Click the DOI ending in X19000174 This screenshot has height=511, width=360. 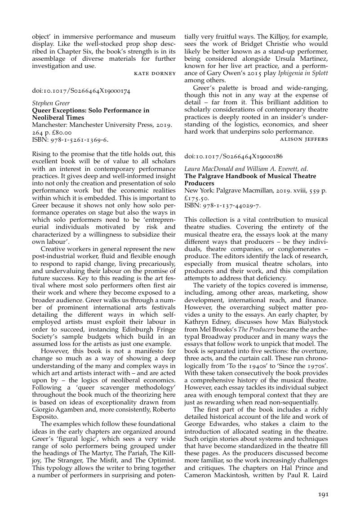click(x=81, y=91)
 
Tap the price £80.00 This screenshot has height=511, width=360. click(x=61, y=133)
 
